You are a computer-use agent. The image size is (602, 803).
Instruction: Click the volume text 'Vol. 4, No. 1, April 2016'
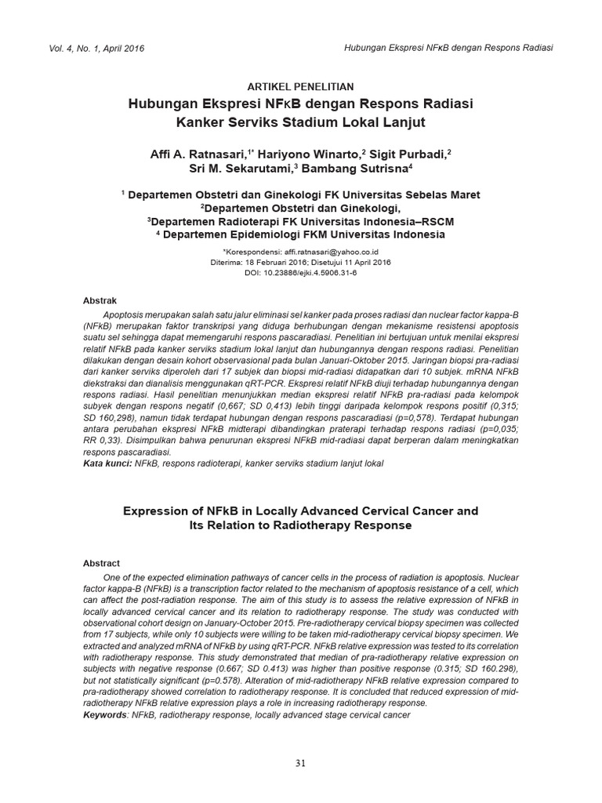click(96, 49)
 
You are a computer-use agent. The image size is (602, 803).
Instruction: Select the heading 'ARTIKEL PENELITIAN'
click(300, 86)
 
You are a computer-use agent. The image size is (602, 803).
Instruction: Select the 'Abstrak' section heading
click(100, 300)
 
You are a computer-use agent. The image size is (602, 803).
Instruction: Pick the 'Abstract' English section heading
click(101, 563)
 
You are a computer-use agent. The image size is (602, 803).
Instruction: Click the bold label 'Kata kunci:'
click(107, 464)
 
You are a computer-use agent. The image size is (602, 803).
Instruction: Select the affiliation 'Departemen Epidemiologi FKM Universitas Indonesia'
click(306, 234)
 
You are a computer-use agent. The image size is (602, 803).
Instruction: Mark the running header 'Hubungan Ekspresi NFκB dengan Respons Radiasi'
click(448, 48)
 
